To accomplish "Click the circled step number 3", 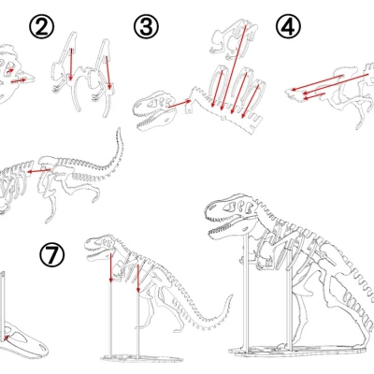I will point(145,26).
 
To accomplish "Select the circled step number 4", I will point(288,26).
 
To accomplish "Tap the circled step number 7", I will point(52,254).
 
